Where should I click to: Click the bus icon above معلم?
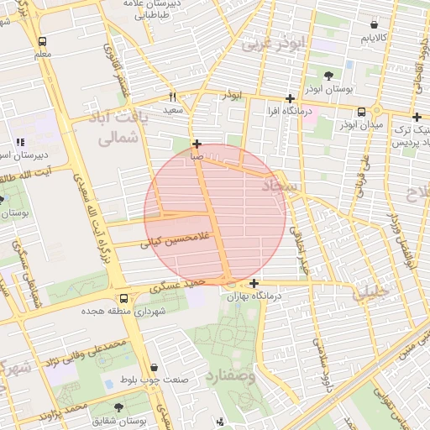coord(43,41)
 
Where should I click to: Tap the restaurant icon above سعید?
coord(173,97)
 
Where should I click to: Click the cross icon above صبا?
coord(197,144)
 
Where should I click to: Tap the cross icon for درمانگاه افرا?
coord(290,98)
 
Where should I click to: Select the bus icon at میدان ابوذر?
coord(361,111)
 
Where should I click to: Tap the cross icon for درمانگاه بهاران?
coord(254,283)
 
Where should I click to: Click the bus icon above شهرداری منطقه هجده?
coord(124,298)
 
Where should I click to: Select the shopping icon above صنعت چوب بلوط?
coord(155,367)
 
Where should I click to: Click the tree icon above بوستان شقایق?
coord(117,406)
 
